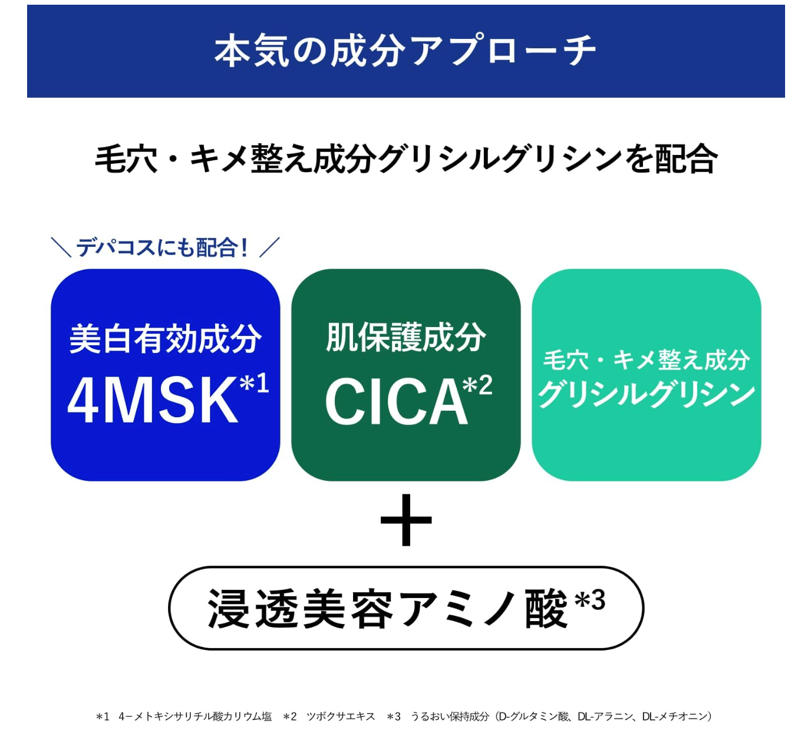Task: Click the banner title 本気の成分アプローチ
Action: click(x=405, y=51)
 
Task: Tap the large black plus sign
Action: click(x=406, y=520)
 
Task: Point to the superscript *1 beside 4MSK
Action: click(x=255, y=383)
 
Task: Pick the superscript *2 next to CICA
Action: click(x=477, y=385)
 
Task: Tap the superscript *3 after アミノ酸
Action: click(x=590, y=601)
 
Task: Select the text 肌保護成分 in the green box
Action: click(x=405, y=337)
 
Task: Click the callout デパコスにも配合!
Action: click(x=163, y=247)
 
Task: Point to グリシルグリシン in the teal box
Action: click(x=646, y=394)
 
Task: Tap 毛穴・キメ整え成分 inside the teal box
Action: click(x=646, y=359)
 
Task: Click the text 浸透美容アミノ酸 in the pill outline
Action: click(x=387, y=609)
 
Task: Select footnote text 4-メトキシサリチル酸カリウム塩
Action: click(x=195, y=717)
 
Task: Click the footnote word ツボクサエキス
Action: click(x=341, y=717)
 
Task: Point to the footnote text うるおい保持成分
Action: click(x=450, y=717)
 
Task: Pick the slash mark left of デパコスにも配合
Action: click(x=61, y=247)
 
